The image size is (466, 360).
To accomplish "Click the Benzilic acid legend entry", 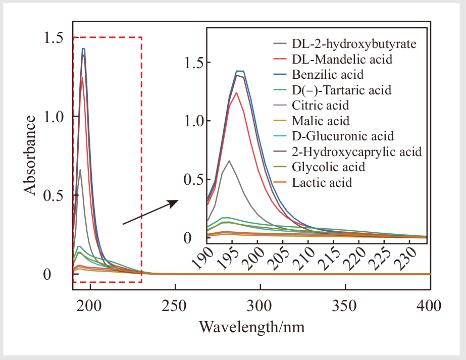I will (x=328, y=75).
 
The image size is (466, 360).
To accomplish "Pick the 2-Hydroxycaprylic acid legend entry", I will (x=356, y=151).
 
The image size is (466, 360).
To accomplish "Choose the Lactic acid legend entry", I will (x=322, y=182).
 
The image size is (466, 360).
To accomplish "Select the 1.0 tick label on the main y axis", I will (x=55, y=117).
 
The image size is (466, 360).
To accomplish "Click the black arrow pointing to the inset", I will (x=150, y=212).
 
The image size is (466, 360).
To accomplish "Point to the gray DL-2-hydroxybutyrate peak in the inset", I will (x=230, y=161).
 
